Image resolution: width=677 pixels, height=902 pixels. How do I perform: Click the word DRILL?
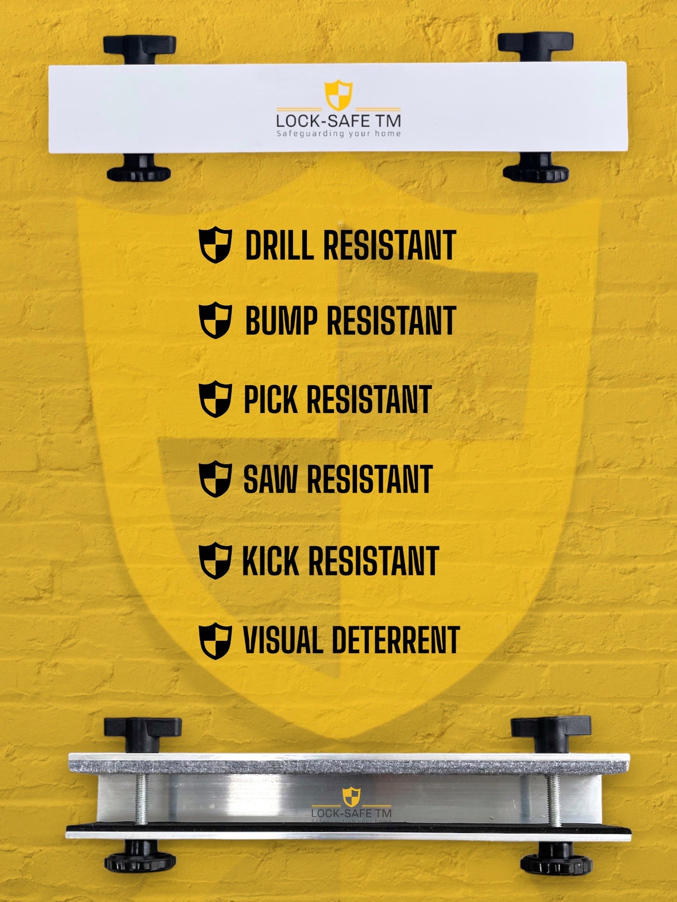tap(279, 245)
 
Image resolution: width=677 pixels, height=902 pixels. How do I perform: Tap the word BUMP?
tap(281, 321)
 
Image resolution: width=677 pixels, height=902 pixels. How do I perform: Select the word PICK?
tap(271, 400)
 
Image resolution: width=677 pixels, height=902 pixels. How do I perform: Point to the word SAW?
tap(270, 479)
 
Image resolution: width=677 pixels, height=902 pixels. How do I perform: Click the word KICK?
tap(270, 561)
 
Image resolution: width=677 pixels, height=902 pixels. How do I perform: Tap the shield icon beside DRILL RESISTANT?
tap(215, 245)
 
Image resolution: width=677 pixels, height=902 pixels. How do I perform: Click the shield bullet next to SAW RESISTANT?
tap(215, 479)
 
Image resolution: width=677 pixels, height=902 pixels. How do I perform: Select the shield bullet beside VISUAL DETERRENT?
tap(215, 641)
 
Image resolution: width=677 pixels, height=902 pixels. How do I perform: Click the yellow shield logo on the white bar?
tap(338, 95)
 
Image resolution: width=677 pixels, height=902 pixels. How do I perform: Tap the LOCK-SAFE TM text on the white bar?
tap(338, 121)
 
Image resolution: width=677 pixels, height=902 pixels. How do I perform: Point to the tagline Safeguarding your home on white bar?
tap(338, 134)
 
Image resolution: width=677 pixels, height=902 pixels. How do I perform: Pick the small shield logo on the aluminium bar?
tap(351, 796)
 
